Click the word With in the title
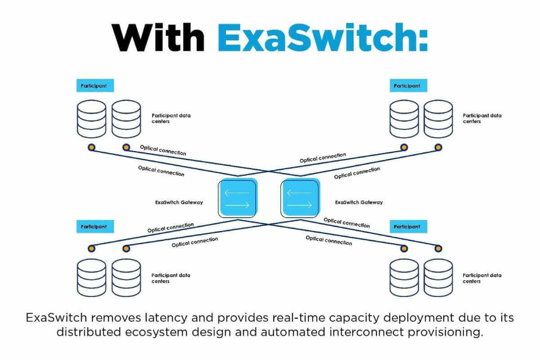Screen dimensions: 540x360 (x=158, y=37)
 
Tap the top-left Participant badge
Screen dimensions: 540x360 (x=95, y=85)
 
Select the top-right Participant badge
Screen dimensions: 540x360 (x=409, y=85)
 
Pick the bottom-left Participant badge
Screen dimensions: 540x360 (x=95, y=226)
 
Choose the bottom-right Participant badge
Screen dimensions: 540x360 (x=409, y=226)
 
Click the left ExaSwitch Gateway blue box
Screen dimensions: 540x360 (x=238, y=198)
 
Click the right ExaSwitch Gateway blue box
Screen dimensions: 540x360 (x=301, y=198)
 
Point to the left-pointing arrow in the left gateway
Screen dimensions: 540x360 (x=237, y=193)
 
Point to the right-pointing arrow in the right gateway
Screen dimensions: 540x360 (x=300, y=205)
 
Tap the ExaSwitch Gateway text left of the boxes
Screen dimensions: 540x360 (x=179, y=202)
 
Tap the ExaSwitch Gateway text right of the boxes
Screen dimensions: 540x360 (x=359, y=202)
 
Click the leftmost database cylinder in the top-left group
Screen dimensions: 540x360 (x=92, y=119)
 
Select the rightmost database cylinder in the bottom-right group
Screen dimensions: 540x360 (x=438, y=278)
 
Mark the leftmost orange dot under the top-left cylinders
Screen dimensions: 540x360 (x=92, y=147)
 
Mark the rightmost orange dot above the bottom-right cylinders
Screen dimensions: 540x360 (x=438, y=248)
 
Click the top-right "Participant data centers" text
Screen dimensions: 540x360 (x=482, y=118)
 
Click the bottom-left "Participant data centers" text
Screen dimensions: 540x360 (x=171, y=278)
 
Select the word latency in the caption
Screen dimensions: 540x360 (x=166, y=318)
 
